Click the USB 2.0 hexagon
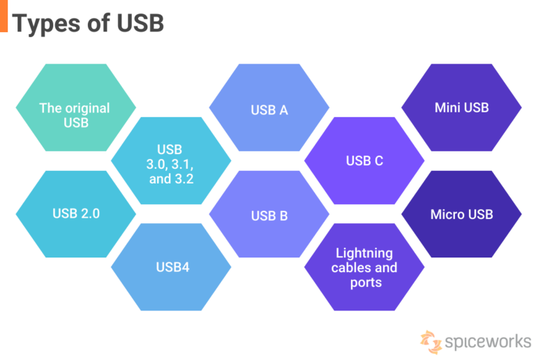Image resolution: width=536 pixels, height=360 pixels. (x=75, y=213)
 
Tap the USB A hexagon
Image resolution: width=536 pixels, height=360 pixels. (x=269, y=109)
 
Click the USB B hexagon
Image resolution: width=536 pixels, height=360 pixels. (x=269, y=215)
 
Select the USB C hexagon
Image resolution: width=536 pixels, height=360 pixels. (x=364, y=160)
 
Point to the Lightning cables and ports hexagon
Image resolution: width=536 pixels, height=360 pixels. (x=364, y=267)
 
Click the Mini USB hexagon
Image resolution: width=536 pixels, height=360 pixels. (x=461, y=107)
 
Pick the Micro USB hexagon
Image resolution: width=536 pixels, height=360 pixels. (x=461, y=213)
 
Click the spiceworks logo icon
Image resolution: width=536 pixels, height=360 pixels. (x=431, y=340)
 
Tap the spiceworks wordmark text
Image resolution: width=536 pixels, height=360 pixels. (x=487, y=342)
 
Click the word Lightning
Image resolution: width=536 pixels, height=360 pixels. (x=364, y=253)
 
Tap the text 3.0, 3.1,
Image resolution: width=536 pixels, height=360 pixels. (x=171, y=164)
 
